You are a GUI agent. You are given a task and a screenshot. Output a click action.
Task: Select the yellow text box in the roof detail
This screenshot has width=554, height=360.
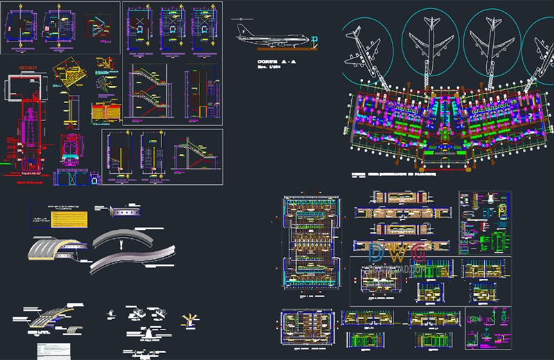click(x=69, y=219)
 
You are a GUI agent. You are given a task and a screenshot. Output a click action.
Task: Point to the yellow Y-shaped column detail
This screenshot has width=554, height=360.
click(x=188, y=319)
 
